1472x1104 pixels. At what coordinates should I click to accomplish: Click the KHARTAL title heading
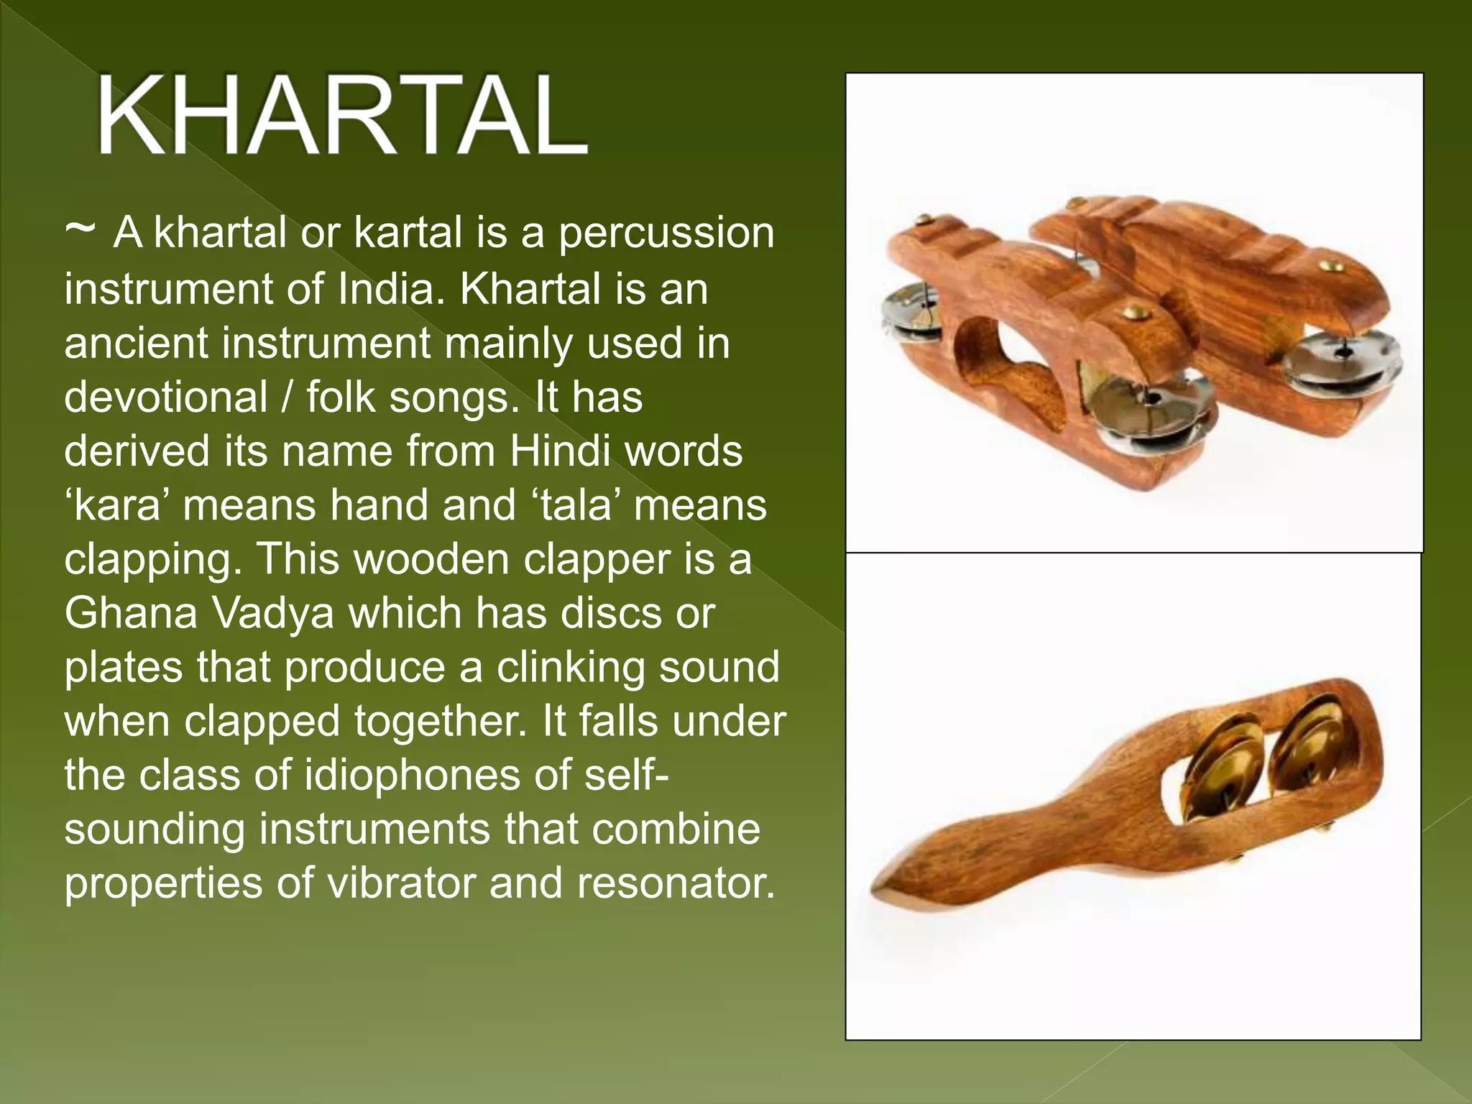pos(342,115)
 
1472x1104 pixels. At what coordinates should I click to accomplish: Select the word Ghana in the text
pos(131,613)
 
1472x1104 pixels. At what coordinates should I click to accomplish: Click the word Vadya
pos(273,613)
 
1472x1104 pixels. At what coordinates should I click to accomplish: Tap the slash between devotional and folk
pos(287,397)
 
